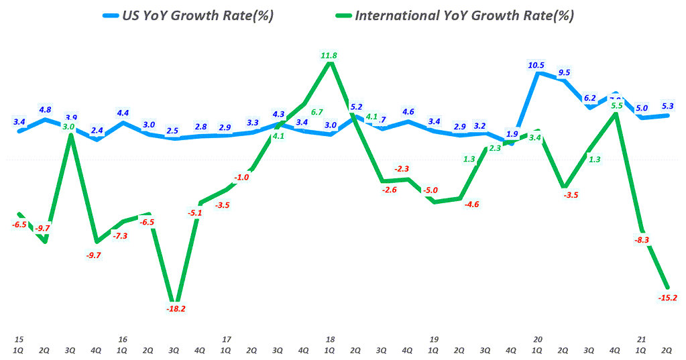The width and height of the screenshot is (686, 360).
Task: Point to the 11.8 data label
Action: pos(329,56)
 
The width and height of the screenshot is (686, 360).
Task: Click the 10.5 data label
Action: pos(536,66)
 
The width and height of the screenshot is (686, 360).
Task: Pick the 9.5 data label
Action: pos(563,72)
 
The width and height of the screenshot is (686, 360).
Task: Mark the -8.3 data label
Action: pos(641,239)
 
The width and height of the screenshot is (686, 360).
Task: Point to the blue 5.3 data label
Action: pos(667,105)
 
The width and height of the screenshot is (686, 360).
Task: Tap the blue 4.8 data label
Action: pos(46,109)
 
